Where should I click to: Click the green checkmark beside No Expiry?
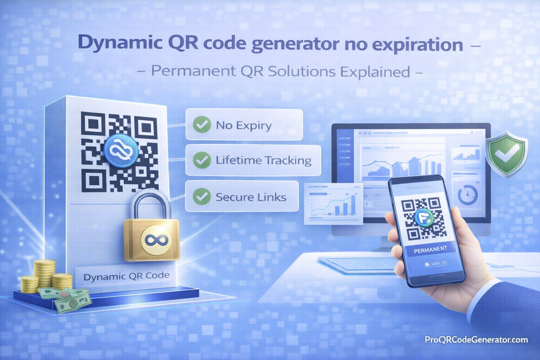pos(202,124)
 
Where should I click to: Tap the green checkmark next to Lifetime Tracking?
pos(202,160)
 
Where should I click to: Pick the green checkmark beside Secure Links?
pos(202,196)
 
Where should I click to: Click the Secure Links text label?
pos(251,197)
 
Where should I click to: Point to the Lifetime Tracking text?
pos(263,160)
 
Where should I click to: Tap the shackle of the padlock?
pos(152,204)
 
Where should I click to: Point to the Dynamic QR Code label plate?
pos(126,276)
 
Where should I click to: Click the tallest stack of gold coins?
pos(44,274)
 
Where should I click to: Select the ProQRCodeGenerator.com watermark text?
pos(476,340)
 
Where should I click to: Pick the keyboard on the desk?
pos(355,264)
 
